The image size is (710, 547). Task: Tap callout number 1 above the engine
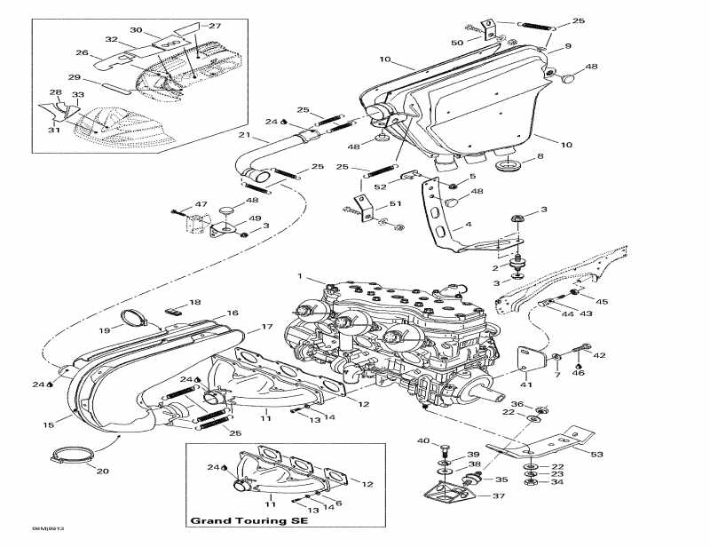pyautogui.click(x=300, y=275)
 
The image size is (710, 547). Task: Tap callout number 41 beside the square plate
pyautogui.click(x=526, y=384)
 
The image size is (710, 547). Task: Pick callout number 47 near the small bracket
pyautogui.click(x=176, y=204)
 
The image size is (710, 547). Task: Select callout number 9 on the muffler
pyautogui.click(x=568, y=45)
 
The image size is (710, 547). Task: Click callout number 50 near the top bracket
pyautogui.click(x=457, y=43)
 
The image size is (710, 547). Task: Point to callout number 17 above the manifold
pyautogui.click(x=264, y=328)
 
